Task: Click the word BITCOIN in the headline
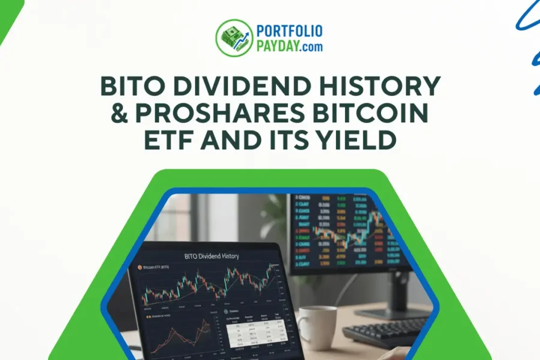point(373,115)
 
